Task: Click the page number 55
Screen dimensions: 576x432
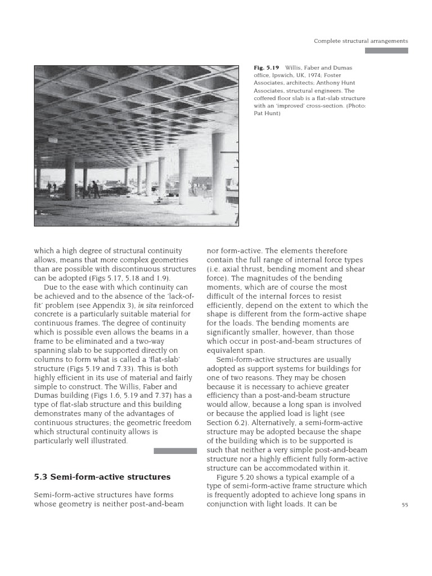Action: (x=404, y=505)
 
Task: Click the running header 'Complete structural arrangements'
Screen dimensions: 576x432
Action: (x=361, y=41)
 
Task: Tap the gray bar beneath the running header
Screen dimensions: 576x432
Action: (x=386, y=51)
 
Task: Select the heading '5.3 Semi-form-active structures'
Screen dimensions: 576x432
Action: (x=102, y=477)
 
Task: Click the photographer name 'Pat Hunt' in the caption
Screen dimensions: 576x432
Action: (x=267, y=112)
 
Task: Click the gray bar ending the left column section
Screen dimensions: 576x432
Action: (x=175, y=451)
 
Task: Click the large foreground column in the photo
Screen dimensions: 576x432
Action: (x=218, y=174)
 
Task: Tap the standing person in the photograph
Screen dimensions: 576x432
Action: (x=94, y=188)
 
